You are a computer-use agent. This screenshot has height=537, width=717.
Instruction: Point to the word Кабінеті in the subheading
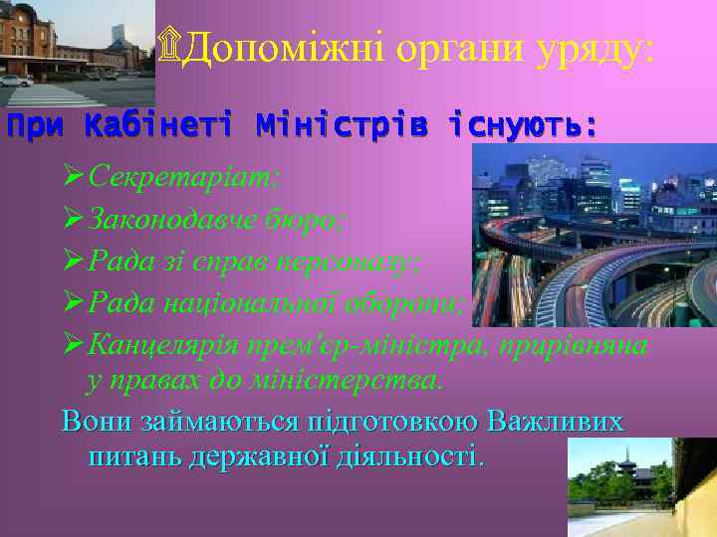[x=158, y=126]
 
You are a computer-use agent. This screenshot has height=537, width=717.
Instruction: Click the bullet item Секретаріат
[x=184, y=176]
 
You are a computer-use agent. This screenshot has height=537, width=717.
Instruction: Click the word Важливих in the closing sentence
[x=557, y=421]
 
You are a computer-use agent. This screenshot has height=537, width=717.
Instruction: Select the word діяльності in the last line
[x=417, y=457]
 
